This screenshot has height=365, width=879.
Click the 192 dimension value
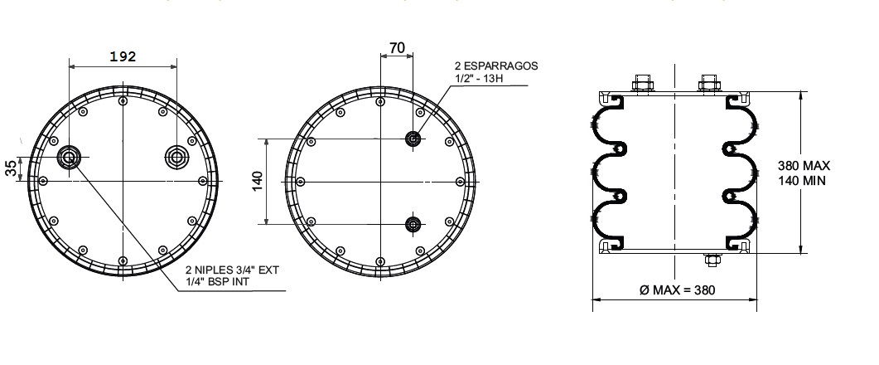(123, 56)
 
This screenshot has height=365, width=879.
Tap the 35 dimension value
(11, 168)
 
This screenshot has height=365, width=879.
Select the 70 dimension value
(397, 48)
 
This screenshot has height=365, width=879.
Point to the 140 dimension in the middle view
(258, 181)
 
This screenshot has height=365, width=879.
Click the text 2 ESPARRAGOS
(496, 66)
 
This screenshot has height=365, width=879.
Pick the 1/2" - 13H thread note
(479, 78)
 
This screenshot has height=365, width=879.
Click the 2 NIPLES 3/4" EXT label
(232, 270)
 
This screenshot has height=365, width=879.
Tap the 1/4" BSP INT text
(218, 282)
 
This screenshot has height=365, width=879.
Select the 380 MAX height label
(804, 166)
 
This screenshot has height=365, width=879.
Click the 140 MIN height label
(802, 181)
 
